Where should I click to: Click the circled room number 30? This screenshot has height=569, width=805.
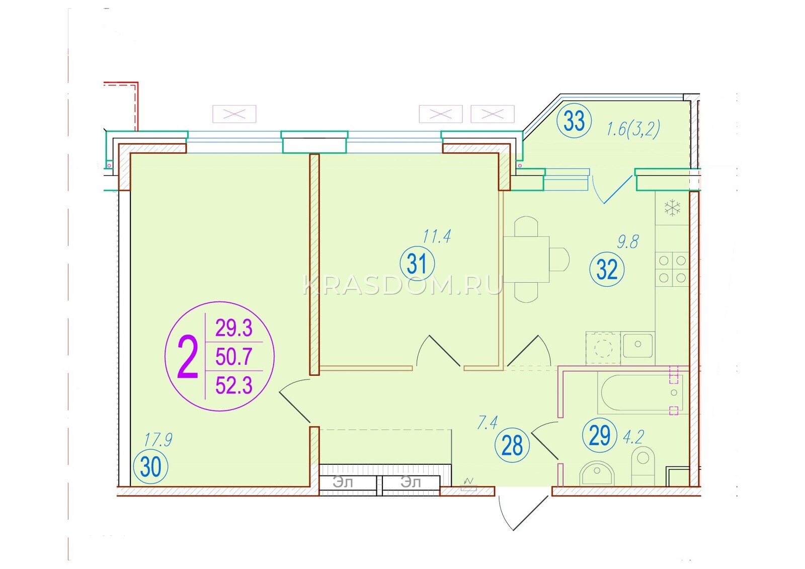click(150, 467)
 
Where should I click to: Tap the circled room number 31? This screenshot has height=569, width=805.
click(417, 264)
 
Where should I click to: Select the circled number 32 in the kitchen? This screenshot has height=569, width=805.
click(607, 269)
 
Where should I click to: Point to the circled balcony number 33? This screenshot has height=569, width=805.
click(574, 121)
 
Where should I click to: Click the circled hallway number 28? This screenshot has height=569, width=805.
click(512, 446)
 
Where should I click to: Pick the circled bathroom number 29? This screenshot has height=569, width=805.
click(600, 435)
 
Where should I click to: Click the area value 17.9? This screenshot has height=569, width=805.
click(158, 440)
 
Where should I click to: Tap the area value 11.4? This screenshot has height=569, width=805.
click(436, 236)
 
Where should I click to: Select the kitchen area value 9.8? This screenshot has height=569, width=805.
click(627, 241)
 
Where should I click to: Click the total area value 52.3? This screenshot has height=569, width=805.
click(234, 386)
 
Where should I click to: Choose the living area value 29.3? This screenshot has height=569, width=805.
click(234, 329)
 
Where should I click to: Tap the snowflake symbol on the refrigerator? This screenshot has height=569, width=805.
click(672, 208)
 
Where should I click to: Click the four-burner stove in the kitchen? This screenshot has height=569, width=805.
click(672, 269)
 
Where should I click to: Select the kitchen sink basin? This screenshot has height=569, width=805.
click(638, 345)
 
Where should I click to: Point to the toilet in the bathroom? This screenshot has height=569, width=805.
click(643, 466)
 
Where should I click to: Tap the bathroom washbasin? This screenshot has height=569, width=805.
click(597, 473)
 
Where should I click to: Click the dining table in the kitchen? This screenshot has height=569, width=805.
click(526, 259)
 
